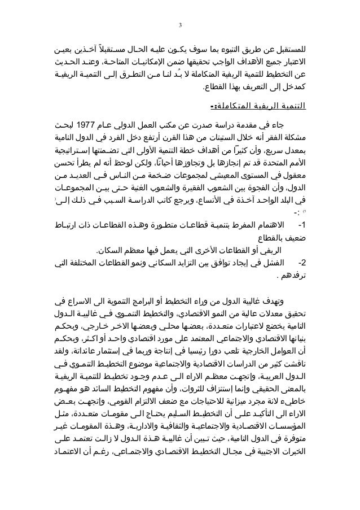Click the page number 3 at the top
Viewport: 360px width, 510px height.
point(180,25)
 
